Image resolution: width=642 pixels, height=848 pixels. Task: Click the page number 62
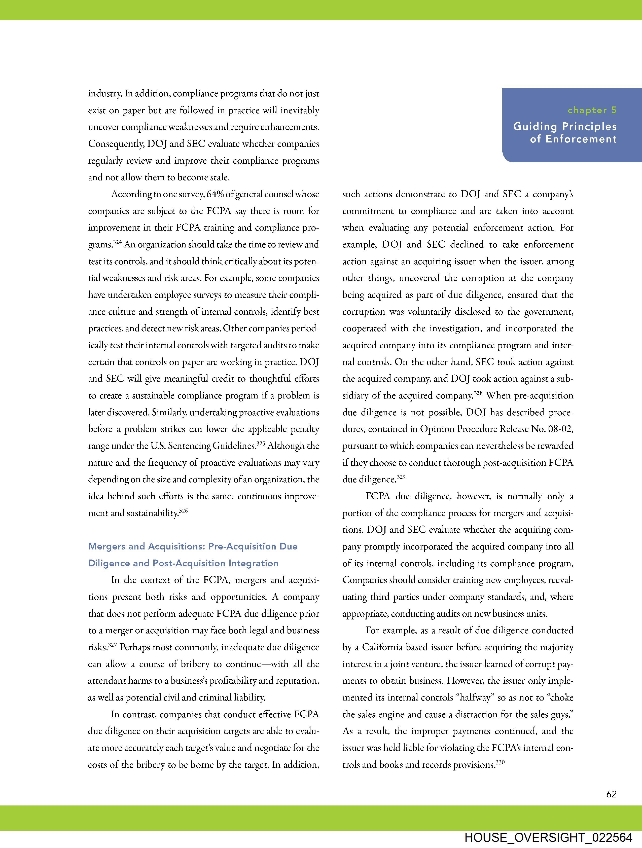pyautogui.click(x=611, y=794)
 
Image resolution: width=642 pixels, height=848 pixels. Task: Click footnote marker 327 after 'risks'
pyautogui.click(x=112, y=645)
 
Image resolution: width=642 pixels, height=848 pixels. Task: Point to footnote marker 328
pyautogui.click(x=478, y=393)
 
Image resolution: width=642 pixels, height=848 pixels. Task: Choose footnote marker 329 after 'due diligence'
pyautogui.click(x=401, y=477)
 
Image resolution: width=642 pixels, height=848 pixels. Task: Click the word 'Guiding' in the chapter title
pyautogui.click(x=536, y=127)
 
